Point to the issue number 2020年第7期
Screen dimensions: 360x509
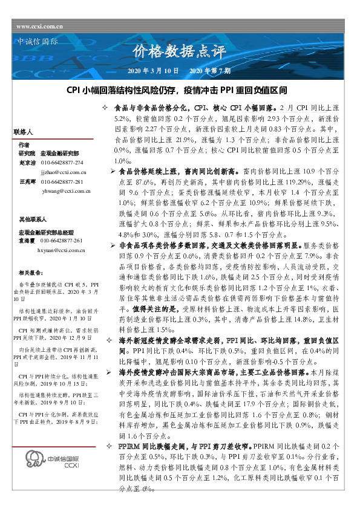pos(209,71)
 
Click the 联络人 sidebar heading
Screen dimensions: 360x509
pos(22,131)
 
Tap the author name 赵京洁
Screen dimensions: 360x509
pos(27,163)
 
